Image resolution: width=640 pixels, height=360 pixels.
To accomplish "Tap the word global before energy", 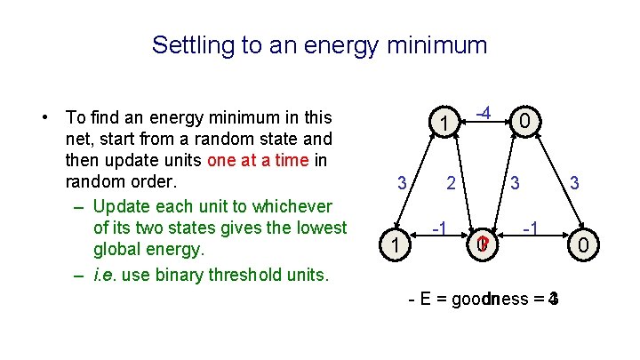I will [x=117, y=251].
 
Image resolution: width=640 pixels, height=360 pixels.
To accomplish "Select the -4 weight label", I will [x=484, y=114].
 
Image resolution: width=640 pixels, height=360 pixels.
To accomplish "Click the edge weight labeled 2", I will [x=452, y=184].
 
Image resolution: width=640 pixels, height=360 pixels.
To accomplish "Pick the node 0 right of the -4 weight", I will [x=526, y=120].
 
